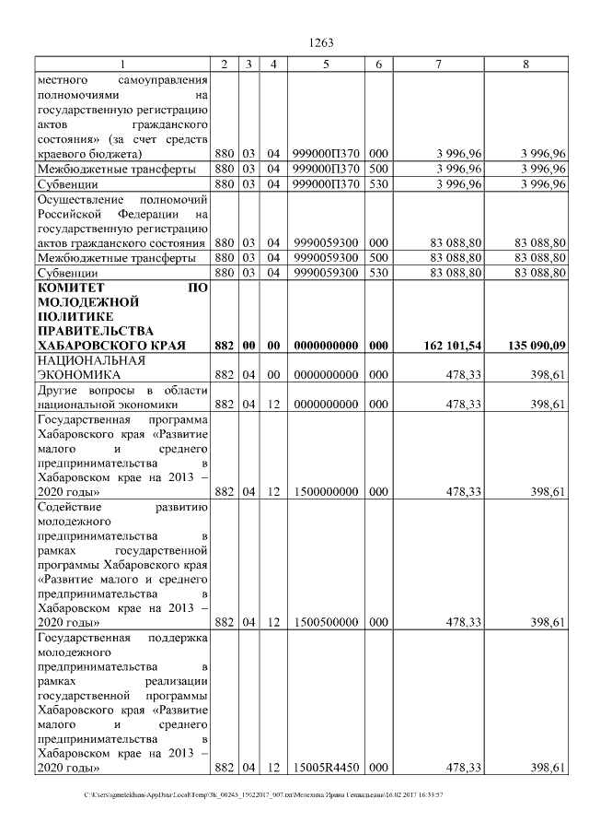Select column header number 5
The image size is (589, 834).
326,64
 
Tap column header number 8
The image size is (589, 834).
525,64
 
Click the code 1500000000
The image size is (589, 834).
326,492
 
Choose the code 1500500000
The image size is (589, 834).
326,622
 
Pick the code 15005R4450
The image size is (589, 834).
326,768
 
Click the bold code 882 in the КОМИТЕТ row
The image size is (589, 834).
224,346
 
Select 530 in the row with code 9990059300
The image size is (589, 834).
378,274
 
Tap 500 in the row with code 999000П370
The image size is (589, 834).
378,169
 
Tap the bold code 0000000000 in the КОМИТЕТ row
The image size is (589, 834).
326,346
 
